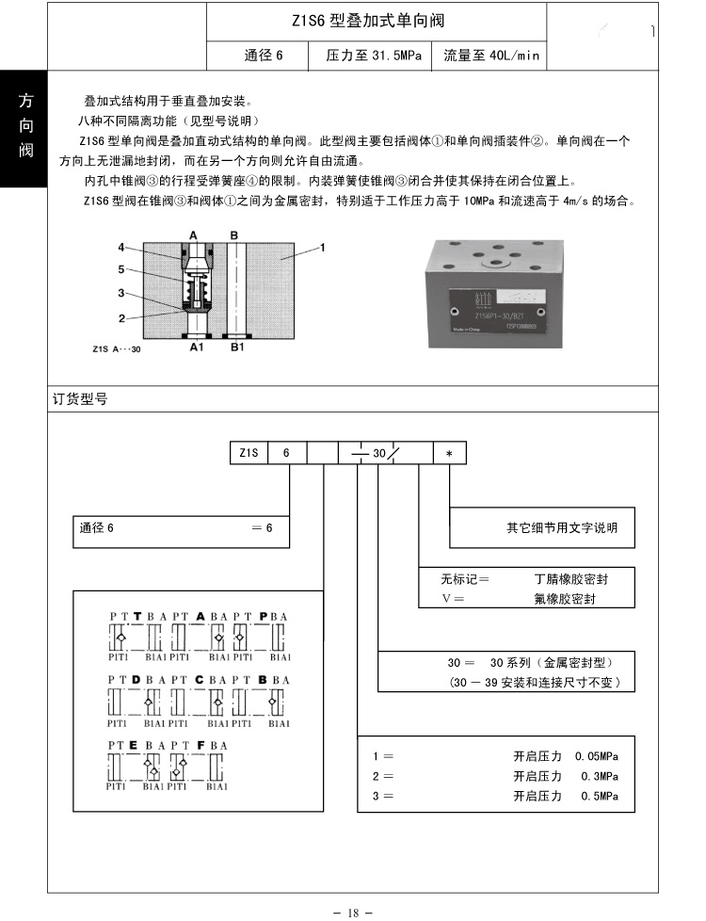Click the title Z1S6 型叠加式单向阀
tap(368, 20)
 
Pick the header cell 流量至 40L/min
tap(491, 56)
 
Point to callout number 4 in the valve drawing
tap(121, 248)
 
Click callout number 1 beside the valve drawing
tap(322, 248)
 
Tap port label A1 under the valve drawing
tap(196, 347)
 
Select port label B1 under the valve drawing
tap(237, 347)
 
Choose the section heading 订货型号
tap(80, 399)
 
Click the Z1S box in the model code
tap(249, 453)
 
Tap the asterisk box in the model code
tap(449, 453)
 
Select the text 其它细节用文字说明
tap(562, 528)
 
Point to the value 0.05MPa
tap(596, 756)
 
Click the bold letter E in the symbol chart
tap(135, 745)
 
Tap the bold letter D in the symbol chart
tap(136, 678)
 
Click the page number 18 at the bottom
tap(353, 912)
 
